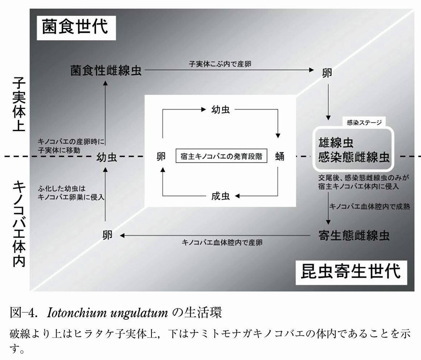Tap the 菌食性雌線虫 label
(106, 71)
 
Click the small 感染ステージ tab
(364, 123)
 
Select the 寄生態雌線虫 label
(354, 236)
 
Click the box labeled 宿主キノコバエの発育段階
(221, 157)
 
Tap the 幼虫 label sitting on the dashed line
(107, 157)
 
